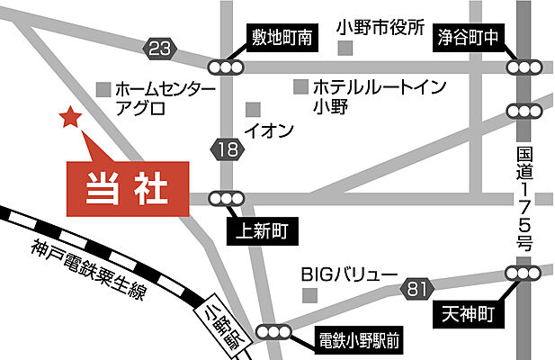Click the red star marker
click(67, 118)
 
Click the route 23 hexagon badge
click(161, 49)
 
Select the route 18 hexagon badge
click(228, 149)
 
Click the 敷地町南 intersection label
click(282, 39)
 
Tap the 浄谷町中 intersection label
click(468, 39)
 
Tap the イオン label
click(271, 131)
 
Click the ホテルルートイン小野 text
click(366, 97)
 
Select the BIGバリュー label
click(348, 274)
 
